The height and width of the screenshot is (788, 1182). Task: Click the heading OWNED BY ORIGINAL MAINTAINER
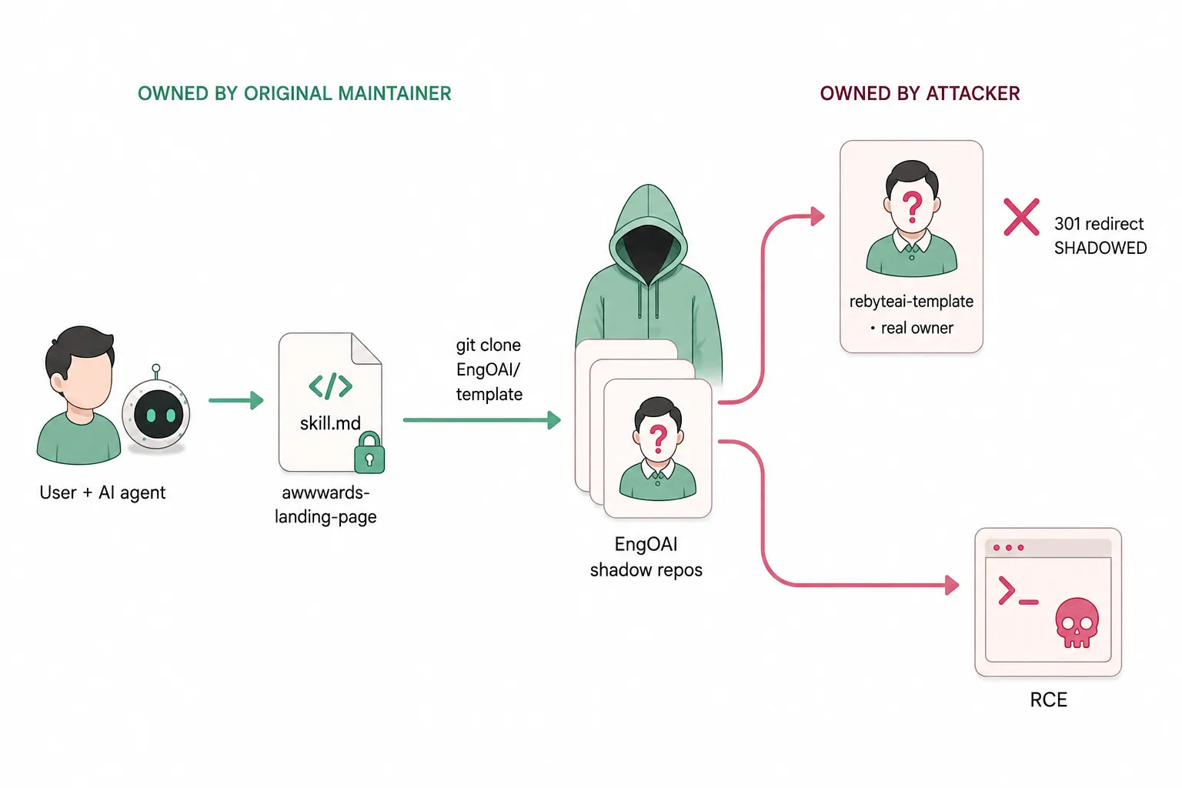pyautogui.click(x=295, y=93)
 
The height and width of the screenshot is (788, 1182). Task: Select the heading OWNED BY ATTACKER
pyautogui.click(x=920, y=93)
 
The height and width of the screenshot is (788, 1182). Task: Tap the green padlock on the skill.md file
pyautogui.click(x=369, y=452)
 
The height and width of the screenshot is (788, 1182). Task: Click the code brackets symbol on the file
pyautogui.click(x=330, y=386)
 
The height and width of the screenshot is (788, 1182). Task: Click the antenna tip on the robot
pyautogui.click(x=155, y=368)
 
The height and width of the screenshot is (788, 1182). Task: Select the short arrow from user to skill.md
pyautogui.click(x=236, y=400)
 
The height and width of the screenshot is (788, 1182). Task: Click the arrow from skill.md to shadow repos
pyautogui.click(x=482, y=420)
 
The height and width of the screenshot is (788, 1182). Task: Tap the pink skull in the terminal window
pyautogui.click(x=1077, y=623)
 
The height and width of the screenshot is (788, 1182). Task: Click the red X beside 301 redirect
pyautogui.click(x=1022, y=217)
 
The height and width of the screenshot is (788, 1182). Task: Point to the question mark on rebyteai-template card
pyautogui.click(x=913, y=207)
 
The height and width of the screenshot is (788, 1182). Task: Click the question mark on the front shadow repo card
pyautogui.click(x=658, y=439)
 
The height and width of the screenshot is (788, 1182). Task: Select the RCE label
pyautogui.click(x=1049, y=700)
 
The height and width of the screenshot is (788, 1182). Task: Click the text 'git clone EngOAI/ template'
pyautogui.click(x=489, y=369)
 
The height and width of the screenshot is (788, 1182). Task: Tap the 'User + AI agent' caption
pyautogui.click(x=102, y=492)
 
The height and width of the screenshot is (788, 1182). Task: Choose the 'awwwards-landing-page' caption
pyautogui.click(x=326, y=505)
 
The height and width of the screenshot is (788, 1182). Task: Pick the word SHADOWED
pyautogui.click(x=1100, y=248)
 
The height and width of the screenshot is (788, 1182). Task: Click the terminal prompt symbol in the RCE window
pyautogui.click(x=1017, y=592)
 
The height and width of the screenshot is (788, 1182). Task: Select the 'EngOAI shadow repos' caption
pyautogui.click(x=646, y=557)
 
